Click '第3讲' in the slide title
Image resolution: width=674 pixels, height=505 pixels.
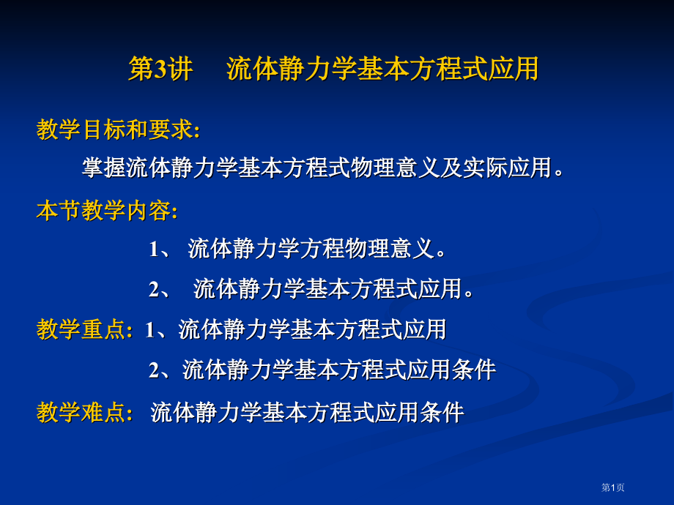tap(160, 70)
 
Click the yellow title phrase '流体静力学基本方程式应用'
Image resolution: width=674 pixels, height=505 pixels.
tap(382, 70)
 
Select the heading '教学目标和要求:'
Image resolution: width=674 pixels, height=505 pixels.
tap(118, 130)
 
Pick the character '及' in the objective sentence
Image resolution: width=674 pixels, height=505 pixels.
tap(451, 168)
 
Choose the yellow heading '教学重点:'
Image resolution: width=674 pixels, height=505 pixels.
tap(85, 330)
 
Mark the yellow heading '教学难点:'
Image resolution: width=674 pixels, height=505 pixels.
tap(85, 413)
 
